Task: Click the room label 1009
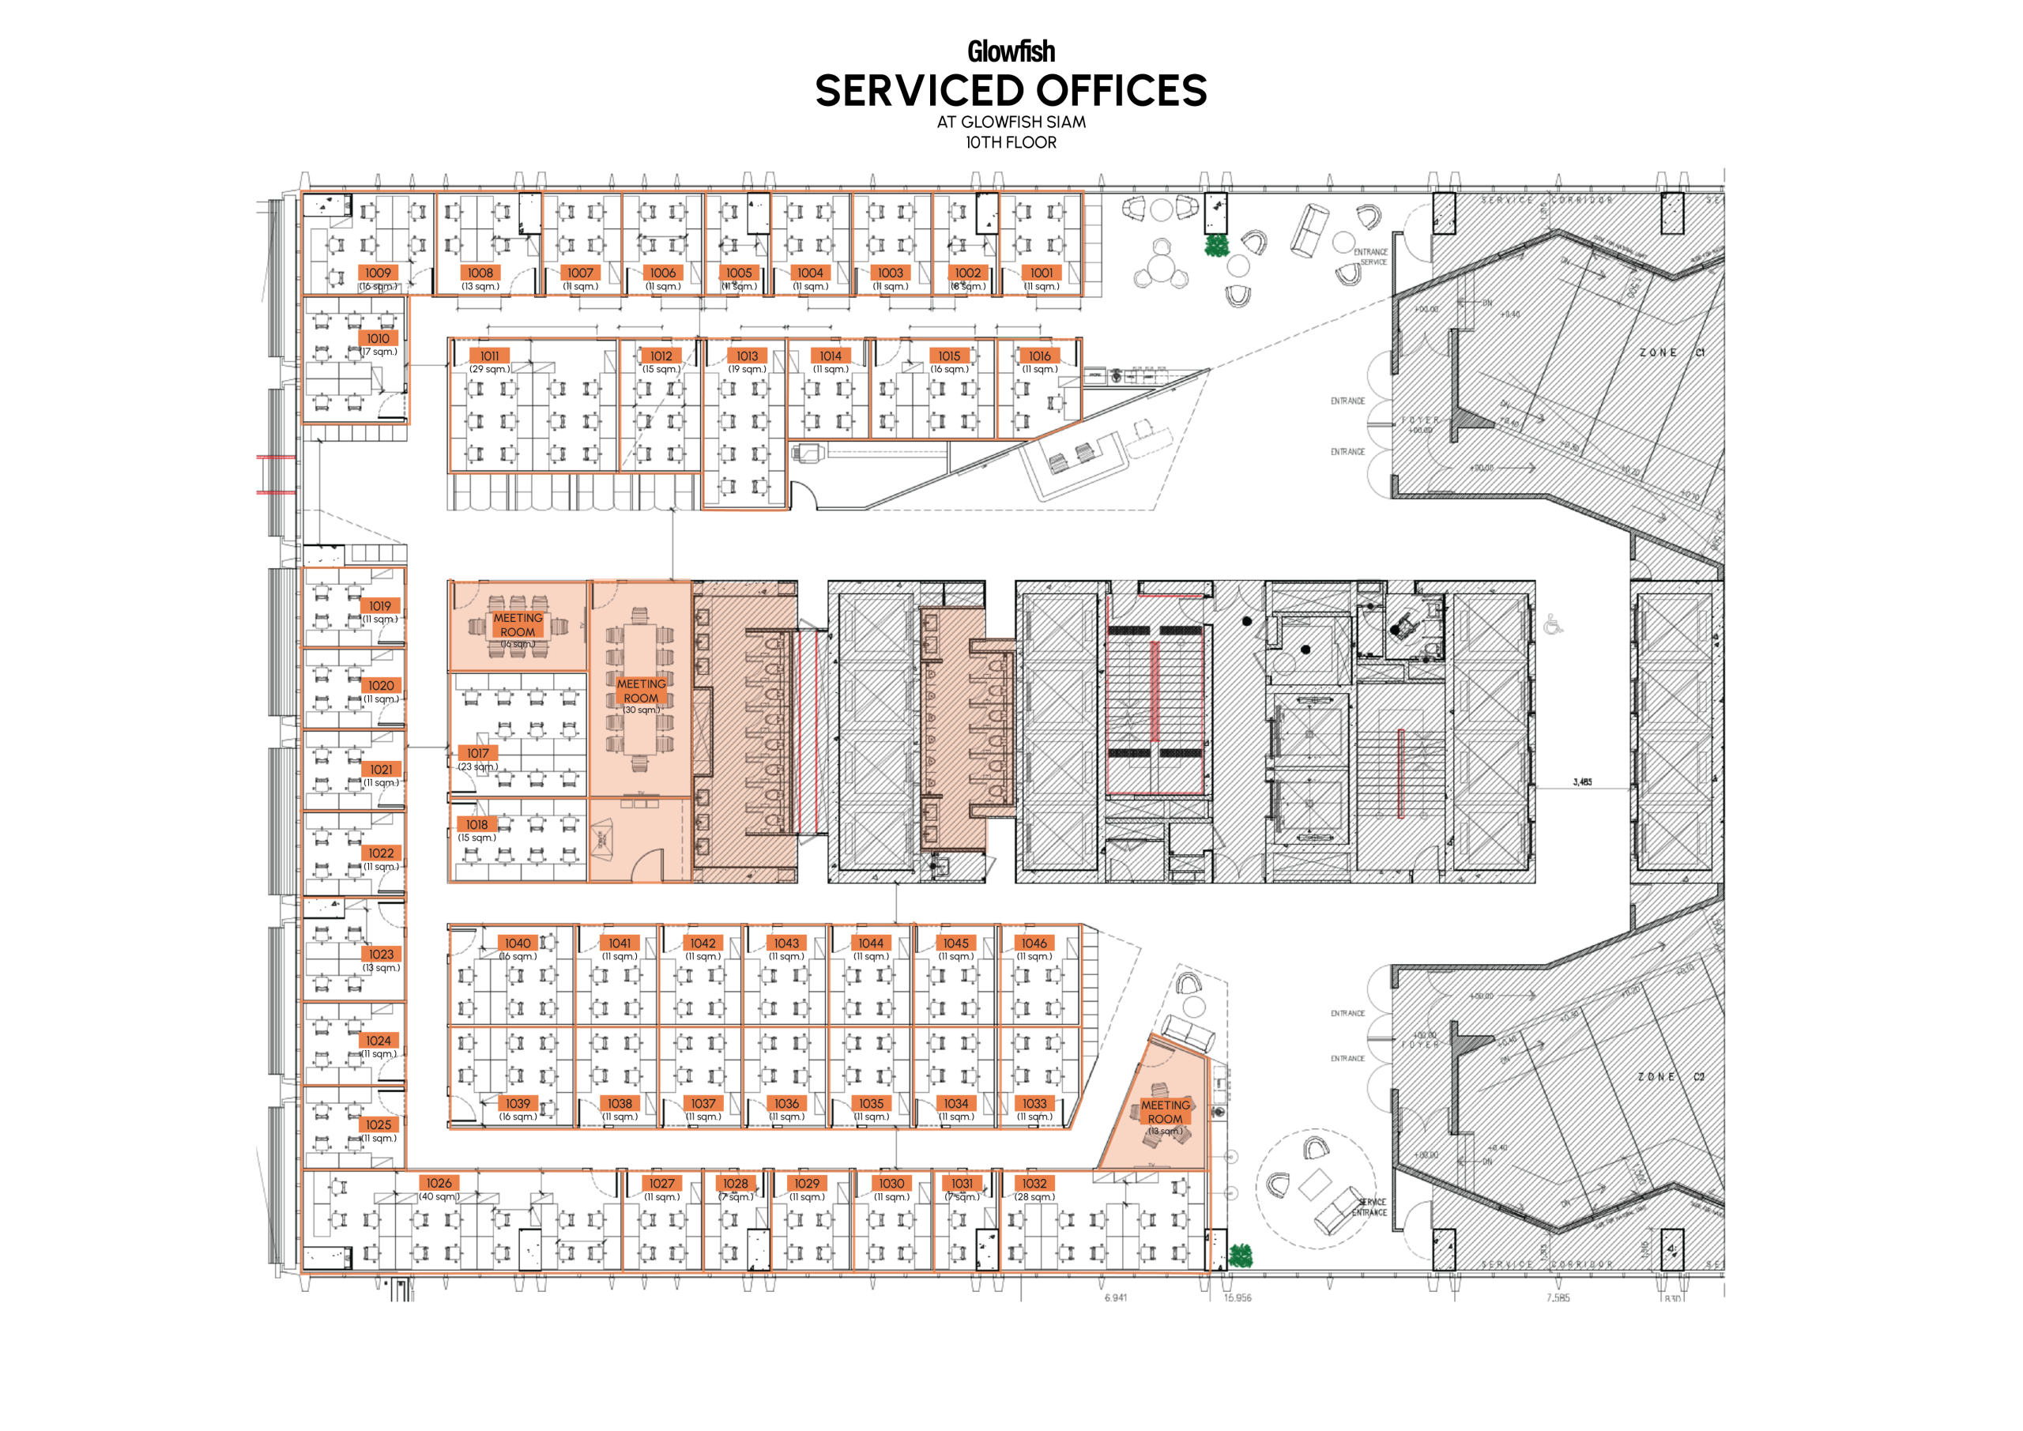(378, 273)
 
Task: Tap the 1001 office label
(1041, 273)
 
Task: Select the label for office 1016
(1040, 356)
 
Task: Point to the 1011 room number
(489, 356)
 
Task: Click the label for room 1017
(477, 753)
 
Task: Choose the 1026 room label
(439, 1184)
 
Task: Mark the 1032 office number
(1034, 1184)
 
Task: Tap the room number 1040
(518, 943)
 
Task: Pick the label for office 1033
(1034, 1103)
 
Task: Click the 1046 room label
(1034, 943)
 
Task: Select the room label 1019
(380, 606)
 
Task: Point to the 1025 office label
(379, 1124)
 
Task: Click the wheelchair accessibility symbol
(1551, 626)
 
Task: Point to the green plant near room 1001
(1216, 246)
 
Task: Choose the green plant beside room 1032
(1241, 1256)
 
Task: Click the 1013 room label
(748, 356)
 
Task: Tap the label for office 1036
(787, 1103)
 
